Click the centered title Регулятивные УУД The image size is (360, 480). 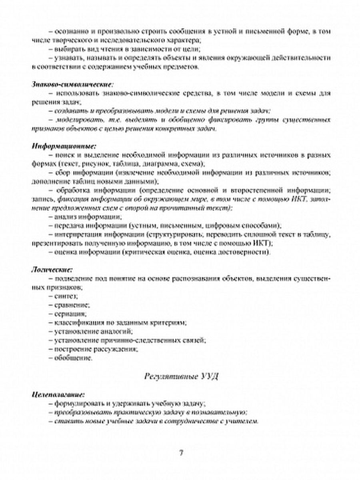tap(180, 376)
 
